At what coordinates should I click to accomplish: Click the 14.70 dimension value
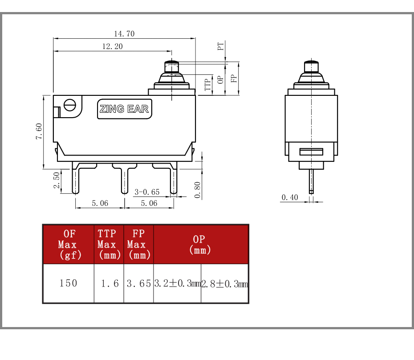124,34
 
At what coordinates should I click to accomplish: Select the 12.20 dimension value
113,46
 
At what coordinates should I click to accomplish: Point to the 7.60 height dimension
39,131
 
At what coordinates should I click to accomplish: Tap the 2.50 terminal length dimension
57,180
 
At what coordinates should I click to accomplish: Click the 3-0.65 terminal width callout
147,192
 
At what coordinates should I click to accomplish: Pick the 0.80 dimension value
198,190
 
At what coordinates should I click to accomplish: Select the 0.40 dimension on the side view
290,197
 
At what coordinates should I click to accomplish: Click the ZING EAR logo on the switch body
124,109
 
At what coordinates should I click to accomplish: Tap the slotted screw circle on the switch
70,105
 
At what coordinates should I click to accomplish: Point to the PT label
221,46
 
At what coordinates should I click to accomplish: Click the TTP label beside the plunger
208,85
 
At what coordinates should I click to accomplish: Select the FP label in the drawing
234,78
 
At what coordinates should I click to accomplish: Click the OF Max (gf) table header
69,245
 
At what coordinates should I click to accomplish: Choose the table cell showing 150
69,283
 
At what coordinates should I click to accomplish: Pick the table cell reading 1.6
109,283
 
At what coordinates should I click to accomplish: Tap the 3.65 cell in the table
138,283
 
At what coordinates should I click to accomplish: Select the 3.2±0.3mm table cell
177,283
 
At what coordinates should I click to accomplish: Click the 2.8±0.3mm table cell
225,283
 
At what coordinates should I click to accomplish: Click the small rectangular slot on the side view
311,152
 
